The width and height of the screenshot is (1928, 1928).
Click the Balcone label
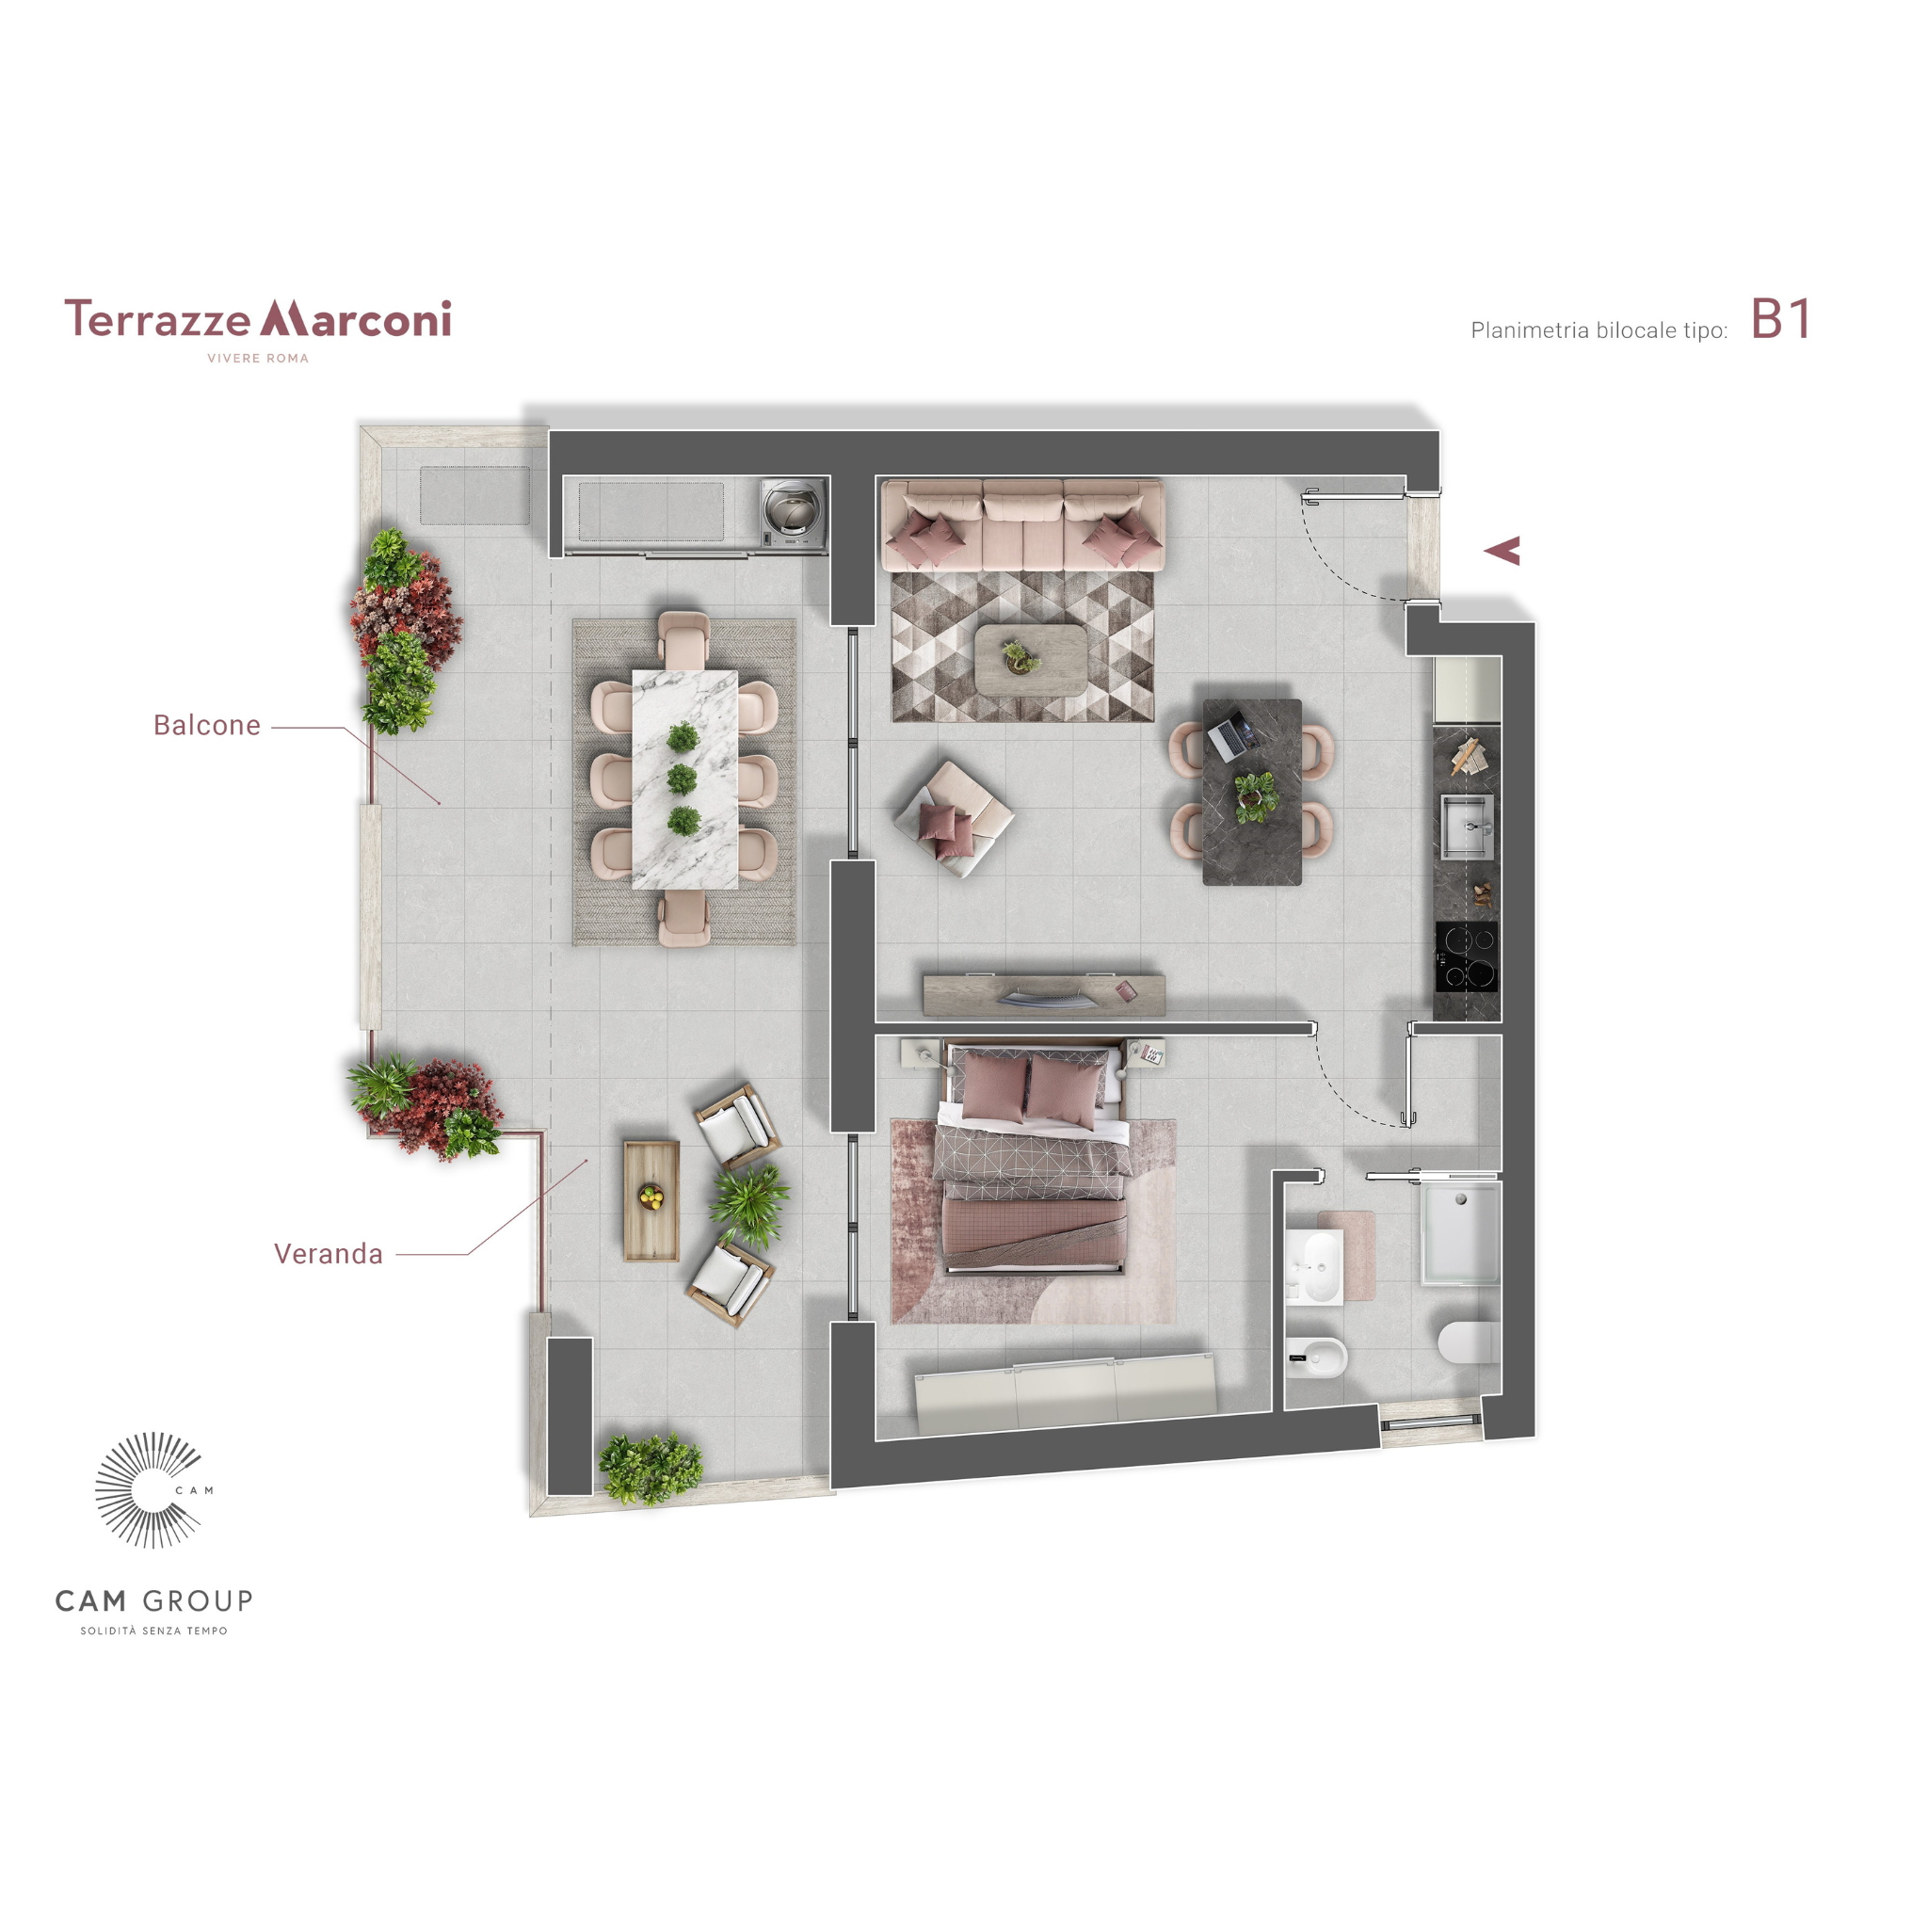pos(206,726)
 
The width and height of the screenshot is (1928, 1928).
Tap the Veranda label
pos(329,1253)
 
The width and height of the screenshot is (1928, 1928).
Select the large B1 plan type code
pos(1780,319)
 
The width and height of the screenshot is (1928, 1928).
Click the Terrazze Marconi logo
pos(257,329)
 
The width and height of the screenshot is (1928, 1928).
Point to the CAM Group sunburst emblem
pos(150,1489)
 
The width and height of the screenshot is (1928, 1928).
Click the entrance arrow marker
pos(1502,550)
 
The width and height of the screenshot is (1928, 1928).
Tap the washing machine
pos(794,513)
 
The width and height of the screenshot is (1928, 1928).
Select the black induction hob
pos(1467,956)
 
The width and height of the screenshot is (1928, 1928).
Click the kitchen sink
pos(1467,826)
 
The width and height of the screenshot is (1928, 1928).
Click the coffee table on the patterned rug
pos(1031,660)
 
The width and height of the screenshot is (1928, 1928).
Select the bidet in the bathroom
pos(1317,1358)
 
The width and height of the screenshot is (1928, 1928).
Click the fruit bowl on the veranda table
pos(651,1196)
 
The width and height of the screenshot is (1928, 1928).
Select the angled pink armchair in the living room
pos(954,818)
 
